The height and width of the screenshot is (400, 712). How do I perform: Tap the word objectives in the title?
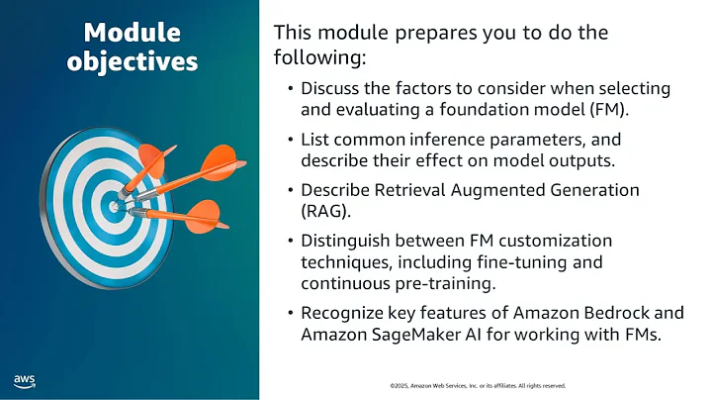[133, 62]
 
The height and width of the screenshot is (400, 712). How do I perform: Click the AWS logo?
[25, 380]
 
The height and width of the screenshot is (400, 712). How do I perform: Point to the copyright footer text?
[478, 384]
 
